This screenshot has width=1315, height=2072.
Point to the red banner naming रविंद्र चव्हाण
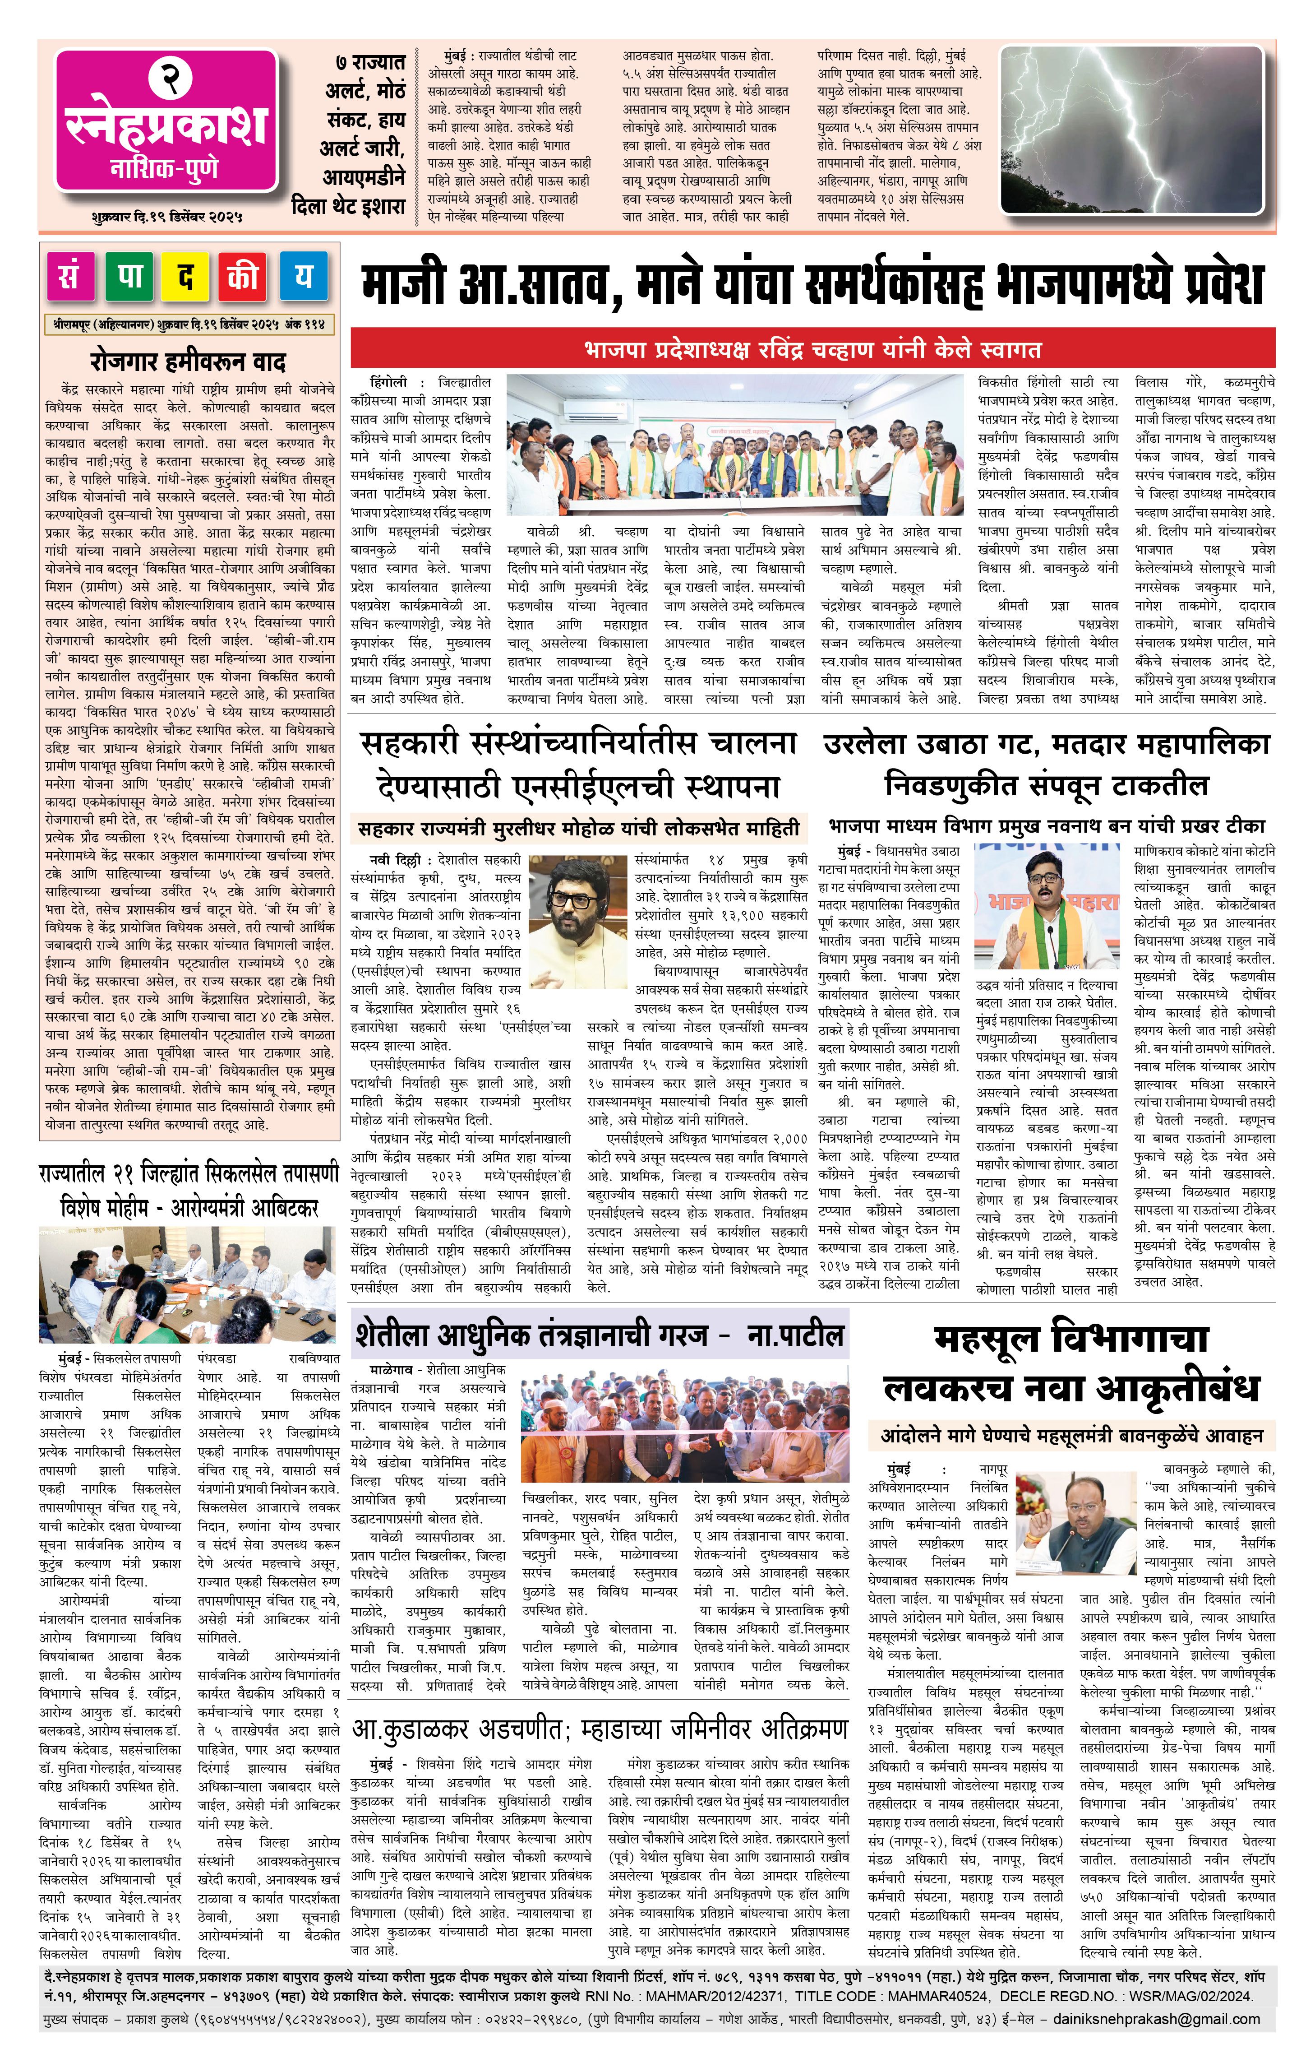click(812, 349)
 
